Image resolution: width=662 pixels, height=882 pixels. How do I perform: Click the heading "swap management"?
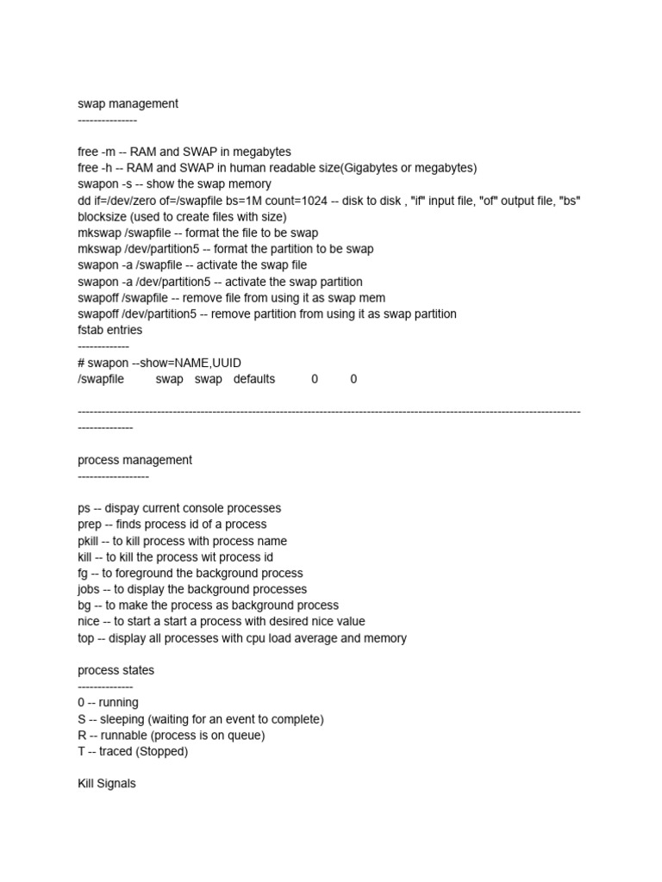click(x=128, y=104)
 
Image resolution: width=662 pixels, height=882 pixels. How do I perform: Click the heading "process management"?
click(x=134, y=460)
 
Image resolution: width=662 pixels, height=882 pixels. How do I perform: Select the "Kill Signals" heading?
click(x=107, y=784)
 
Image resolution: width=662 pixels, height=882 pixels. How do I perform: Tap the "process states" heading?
click(x=116, y=670)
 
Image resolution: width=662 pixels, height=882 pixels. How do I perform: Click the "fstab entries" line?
click(x=110, y=330)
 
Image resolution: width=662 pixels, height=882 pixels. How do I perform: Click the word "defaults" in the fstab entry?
click(x=254, y=379)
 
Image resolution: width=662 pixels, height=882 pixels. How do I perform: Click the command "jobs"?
click(x=90, y=589)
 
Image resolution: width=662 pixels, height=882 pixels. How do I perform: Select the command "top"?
click(x=86, y=638)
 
